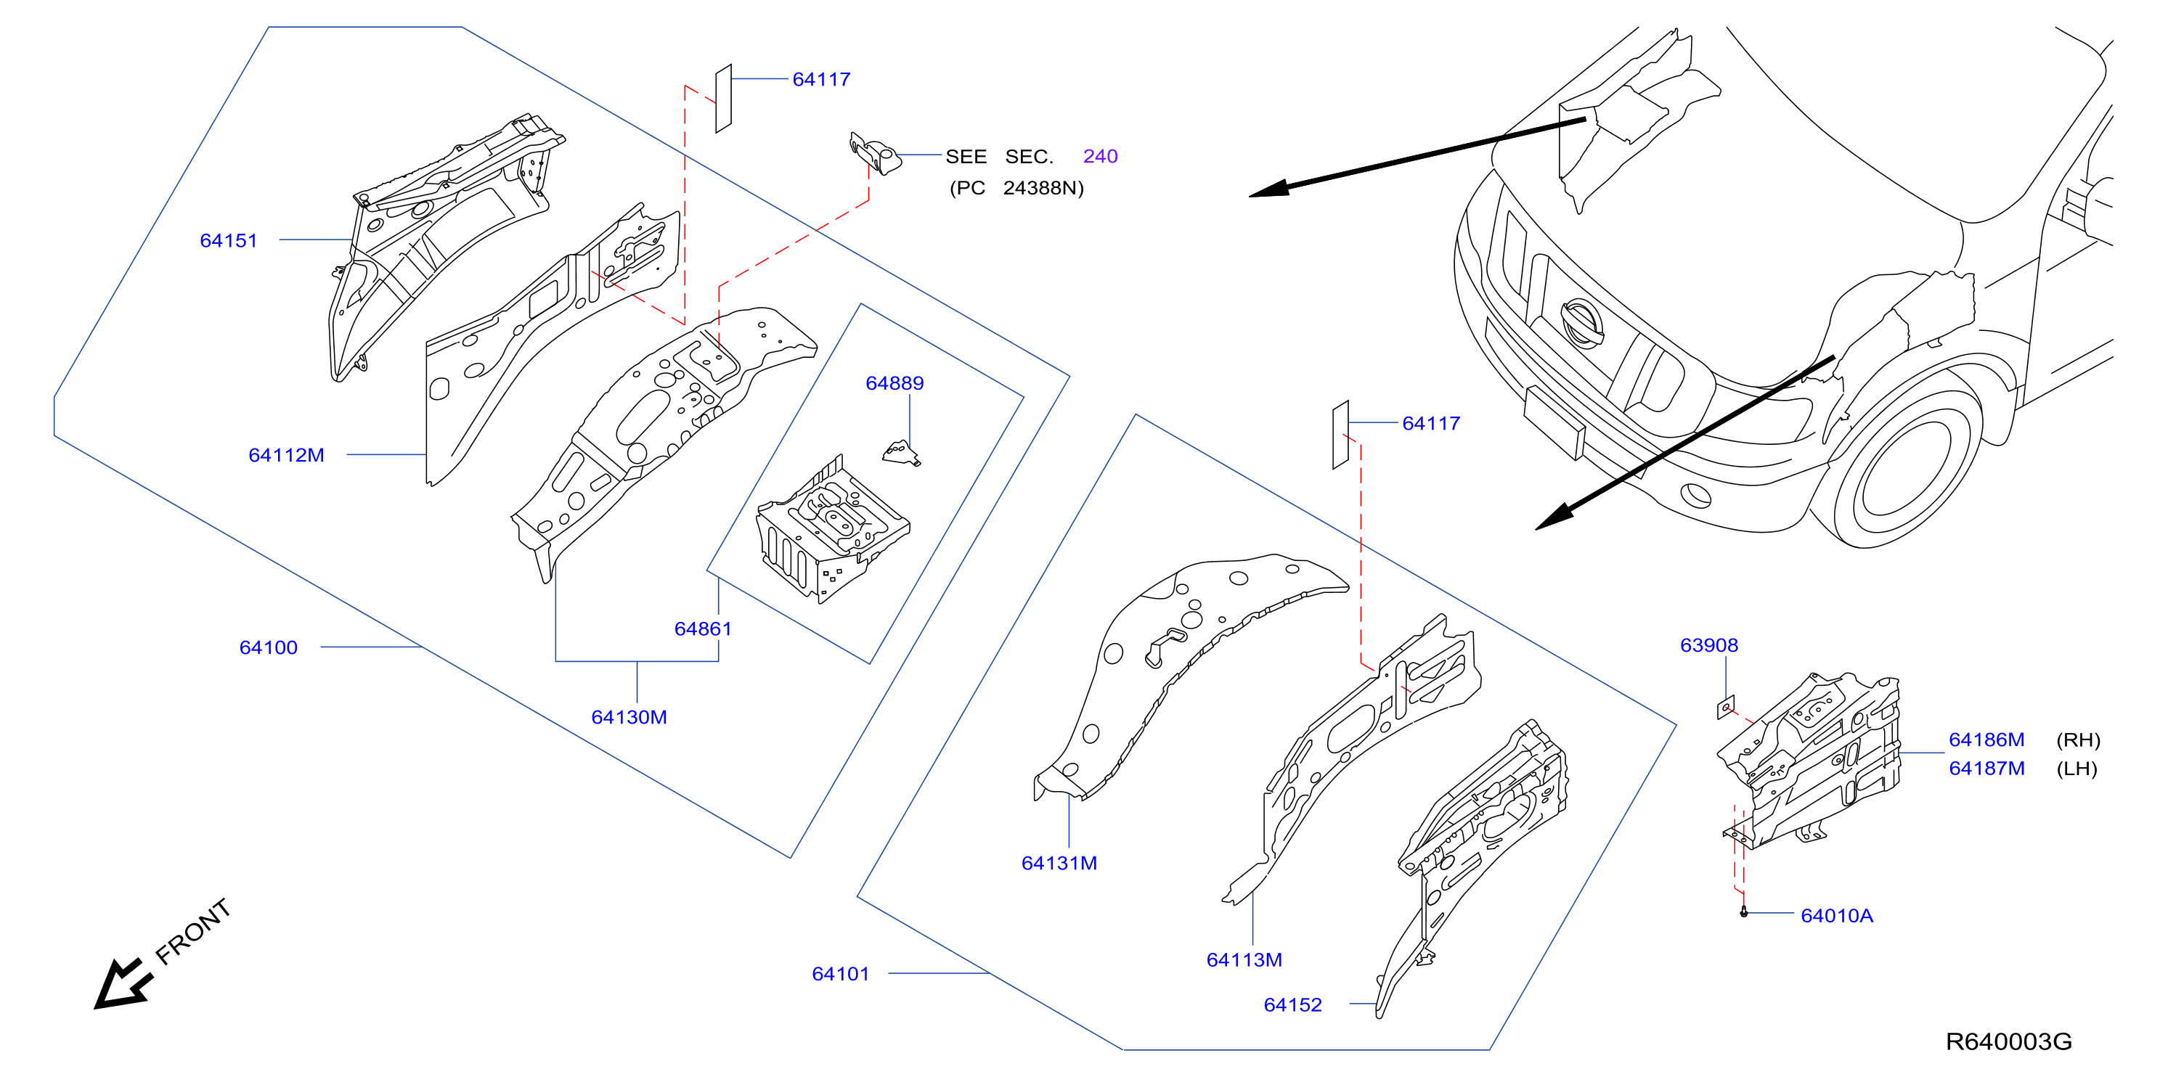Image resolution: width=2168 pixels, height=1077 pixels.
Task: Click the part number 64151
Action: (228, 241)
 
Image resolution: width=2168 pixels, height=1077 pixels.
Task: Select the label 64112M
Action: (286, 455)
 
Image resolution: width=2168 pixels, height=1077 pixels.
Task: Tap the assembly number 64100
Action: (269, 648)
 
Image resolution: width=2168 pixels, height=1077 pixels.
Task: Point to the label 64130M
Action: (629, 718)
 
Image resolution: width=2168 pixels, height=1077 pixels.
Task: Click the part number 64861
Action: (703, 629)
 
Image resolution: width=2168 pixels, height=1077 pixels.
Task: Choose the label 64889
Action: (894, 384)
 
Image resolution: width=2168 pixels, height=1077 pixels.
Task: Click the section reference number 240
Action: (1100, 157)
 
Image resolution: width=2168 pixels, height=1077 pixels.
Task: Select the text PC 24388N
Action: (1016, 189)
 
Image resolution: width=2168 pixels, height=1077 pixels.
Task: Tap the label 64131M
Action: (1059, 864)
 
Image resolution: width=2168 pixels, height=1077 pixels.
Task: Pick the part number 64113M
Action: (1244, 960)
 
